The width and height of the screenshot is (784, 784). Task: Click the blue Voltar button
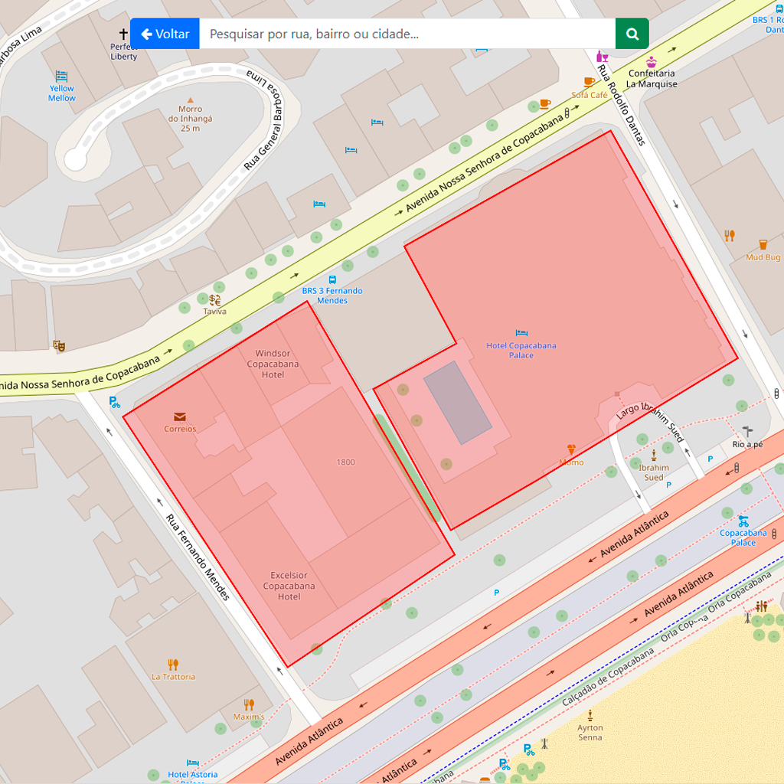point(165,34)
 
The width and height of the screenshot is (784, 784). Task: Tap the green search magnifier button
point(632,34)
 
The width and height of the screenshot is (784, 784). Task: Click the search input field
point(407,34)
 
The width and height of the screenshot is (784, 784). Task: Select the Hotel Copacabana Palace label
point(521,350)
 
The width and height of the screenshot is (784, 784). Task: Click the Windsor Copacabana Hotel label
point(273,364)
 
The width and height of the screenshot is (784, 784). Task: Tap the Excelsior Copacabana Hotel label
point(289,586)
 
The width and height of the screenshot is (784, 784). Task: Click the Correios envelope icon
point(180,417)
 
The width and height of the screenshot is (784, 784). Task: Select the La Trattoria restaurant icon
point(173,665)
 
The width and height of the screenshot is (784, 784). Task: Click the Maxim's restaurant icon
point(249,704)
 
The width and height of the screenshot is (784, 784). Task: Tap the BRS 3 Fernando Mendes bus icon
point(332,279)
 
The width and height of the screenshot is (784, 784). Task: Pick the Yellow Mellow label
point(62,93)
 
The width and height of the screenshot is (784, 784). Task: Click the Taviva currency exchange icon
point(215,300)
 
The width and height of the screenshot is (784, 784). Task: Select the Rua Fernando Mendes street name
point(198,556)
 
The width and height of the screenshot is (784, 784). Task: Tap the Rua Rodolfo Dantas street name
point(621,105)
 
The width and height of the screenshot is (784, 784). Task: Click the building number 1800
point(345,462)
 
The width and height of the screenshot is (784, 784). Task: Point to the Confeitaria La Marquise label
point(652,79)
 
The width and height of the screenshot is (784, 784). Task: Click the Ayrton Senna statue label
point(590,733)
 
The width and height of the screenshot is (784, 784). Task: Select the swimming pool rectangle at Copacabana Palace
point(458,403)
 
